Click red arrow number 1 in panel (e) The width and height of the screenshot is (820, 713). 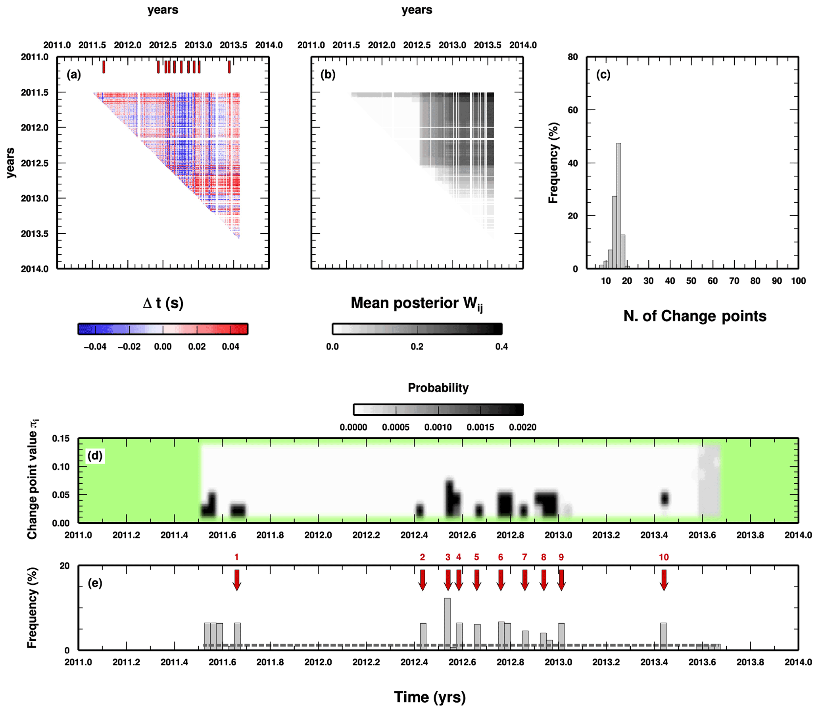(237, 580)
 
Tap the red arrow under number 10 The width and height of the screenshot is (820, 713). (664, 580)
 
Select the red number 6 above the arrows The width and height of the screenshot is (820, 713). (501, 557)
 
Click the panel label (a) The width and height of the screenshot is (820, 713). (74, 75)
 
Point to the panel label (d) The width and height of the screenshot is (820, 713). (95, 455)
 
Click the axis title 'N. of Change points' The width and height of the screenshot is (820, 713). (695, 316)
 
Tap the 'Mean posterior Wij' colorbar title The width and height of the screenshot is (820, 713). (417, 304)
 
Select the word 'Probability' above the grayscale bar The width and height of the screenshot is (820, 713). (438, 388)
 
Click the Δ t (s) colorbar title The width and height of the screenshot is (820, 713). (163, 303)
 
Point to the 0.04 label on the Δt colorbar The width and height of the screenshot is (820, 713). (231, 346)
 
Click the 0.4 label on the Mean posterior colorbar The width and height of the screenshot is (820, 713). (501, 346)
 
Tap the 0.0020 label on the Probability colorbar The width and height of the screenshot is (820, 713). (522, 427)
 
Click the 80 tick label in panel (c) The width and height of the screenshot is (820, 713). (572, 57)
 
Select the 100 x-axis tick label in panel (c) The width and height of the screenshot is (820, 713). (798, 281)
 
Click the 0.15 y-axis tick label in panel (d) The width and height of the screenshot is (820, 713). (60, 438)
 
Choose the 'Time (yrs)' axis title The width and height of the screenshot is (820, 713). (430, 697)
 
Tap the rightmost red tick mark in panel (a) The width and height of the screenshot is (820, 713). (229, 67)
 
